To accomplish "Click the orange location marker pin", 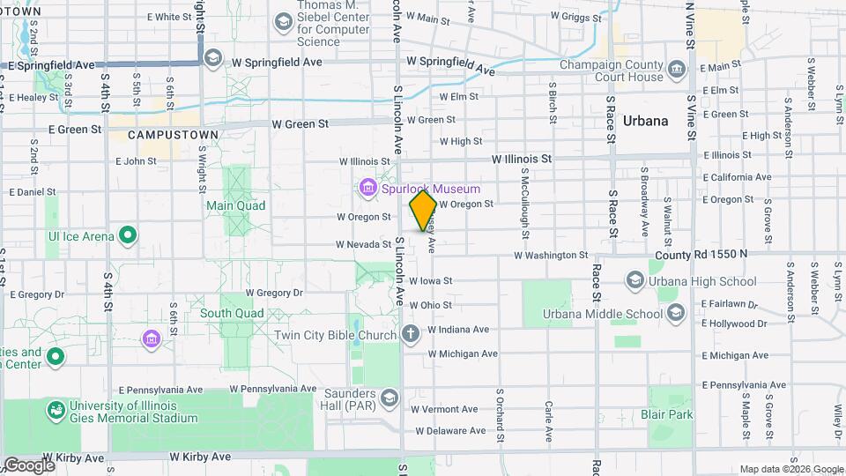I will tap(423, 211).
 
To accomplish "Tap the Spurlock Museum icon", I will tap(367, 188).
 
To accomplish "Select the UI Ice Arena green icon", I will tap(128, 235).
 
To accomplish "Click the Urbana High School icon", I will tap(634, 281).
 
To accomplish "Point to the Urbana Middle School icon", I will tap(675, 313).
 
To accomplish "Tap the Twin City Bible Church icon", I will tap(410, 334).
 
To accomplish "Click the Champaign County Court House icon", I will tap(676, 69).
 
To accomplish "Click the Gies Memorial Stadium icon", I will tap(56, 410).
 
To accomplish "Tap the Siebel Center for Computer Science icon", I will tap(284, 19).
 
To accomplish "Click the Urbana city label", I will tap(646, 121).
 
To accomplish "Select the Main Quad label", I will tap(235, 205).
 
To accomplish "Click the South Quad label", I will tap(232, 313).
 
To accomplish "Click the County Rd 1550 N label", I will tap(700, 254).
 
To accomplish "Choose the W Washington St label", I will tap(550, 255).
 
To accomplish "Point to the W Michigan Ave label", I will tap(463, 353).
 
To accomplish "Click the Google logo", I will tap(28, 465).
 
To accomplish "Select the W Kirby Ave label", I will tap(200, 457).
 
